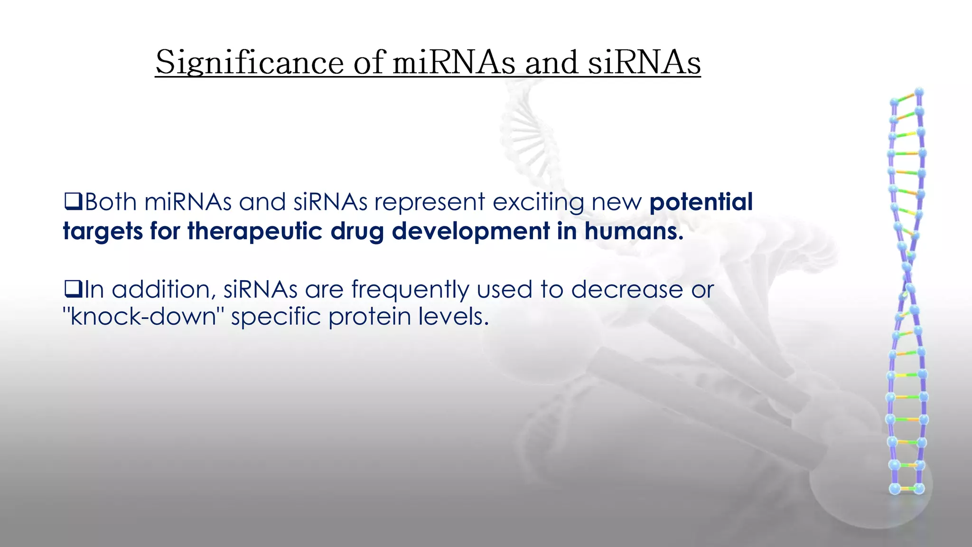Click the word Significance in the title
[x=250, y=63]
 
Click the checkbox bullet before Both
[x=74, y=201]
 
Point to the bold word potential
[x=701, y=202]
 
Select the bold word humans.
[x=634, y=232]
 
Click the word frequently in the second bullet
[x=410, y=290]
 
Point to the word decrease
[x=626, y=289]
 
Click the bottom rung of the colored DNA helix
[x=907, y=489]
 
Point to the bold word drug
[x=357, y=232]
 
